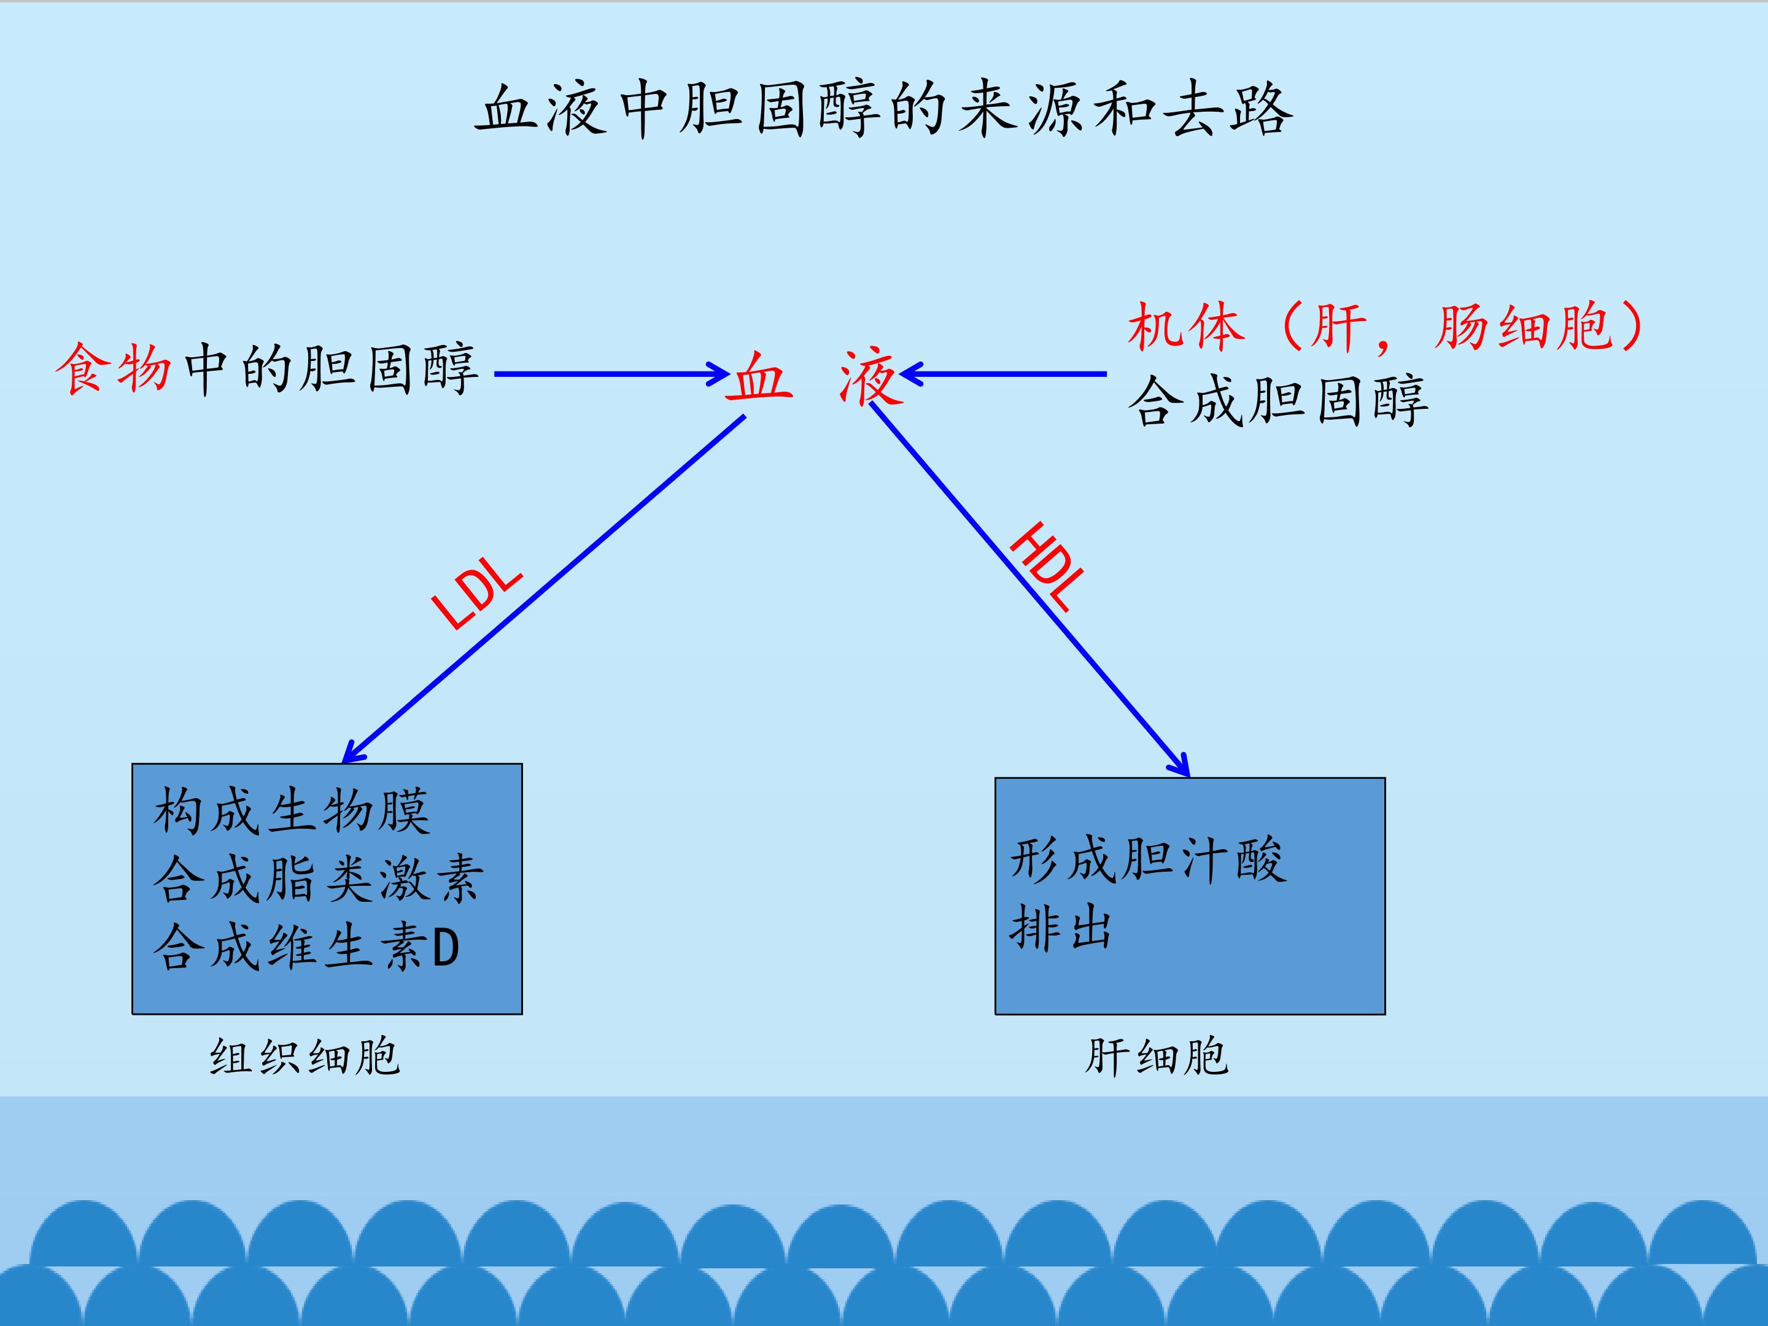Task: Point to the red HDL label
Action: pyautogui.click(x=1048, y=566)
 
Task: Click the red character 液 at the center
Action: pyautogui.click(x=871, y=376)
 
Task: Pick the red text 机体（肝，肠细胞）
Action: pyautogui.click(x=1387, y=327)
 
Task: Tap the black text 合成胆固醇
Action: pyautogui.click(x=1278, y=400)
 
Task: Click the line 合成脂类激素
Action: pyautogui.click(x=318, y=878)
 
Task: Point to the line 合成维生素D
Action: pyautogui.click(x=306, y=947)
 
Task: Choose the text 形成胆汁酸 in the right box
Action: pyautogui.click(x=1148, y=860)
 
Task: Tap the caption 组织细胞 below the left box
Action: pyautogui.click(x=304, y=1056)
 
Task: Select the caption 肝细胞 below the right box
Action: pyautogui.click(x=1156, y=1056)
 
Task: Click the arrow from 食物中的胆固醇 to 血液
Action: pyautogui.click(x=612, y=373)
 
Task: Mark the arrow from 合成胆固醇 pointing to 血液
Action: pyautogui.click(x=1003, y=373)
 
